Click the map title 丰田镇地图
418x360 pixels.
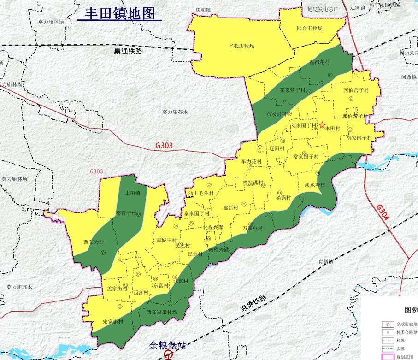[x=119, y=13]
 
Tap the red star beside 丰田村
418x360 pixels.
[x=322, y=125]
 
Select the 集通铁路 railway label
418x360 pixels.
[x=128, y=51]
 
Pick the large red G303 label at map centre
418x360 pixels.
[x=164, y=146]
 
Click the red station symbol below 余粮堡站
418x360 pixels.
[x=168, y=355]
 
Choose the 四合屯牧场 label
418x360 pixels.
[x=310, y=28]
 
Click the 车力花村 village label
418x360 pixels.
[x=251, y=162]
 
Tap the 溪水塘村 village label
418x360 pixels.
[x=315, y=185]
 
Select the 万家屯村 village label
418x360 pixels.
[x=253, y=229]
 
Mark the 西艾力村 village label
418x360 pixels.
[x=94, y=242]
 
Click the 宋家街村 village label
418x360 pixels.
[x=113, y=321]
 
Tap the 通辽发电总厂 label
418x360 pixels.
[x=323, y=9]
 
